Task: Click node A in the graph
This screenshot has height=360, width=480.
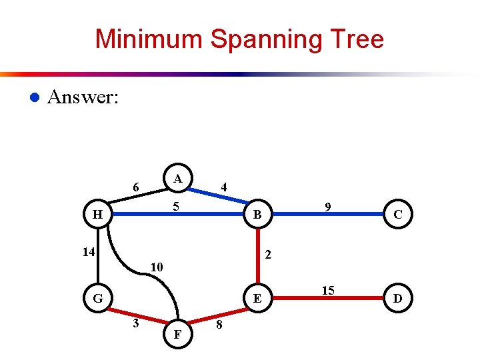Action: [177, 179]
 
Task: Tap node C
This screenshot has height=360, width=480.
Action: [397, 215]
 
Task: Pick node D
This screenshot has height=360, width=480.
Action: [397, 298]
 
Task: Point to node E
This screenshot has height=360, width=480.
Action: [257, 298]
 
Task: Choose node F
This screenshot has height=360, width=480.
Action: [177, 333]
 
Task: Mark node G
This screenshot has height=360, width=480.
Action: [98, 298]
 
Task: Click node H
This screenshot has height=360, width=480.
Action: [98, 215]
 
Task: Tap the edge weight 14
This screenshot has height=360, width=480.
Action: [88, 252]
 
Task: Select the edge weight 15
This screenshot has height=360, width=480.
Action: [328, 290]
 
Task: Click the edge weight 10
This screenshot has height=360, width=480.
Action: [156, 267]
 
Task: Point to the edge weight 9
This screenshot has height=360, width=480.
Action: [328, 207]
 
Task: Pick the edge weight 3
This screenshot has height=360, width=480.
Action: [135, 324]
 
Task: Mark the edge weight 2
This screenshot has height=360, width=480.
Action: [267, 254]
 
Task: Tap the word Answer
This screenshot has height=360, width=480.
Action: [83, 97]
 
